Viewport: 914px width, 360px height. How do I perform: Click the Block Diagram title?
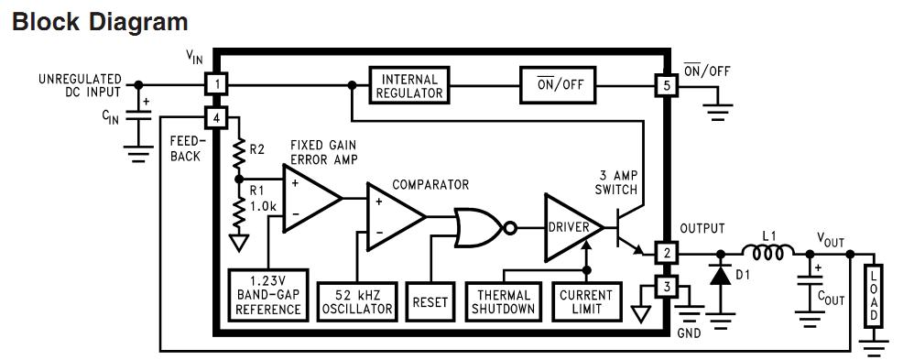coord(100,22)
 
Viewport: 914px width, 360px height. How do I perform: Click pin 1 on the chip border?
coord(214,85)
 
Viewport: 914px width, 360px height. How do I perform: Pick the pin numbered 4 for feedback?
coord(214,118)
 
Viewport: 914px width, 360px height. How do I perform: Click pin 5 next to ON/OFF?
coord(666,85)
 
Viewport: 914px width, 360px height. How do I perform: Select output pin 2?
coord(666,253)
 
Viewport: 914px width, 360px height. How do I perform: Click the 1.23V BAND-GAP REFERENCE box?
coord(268,295)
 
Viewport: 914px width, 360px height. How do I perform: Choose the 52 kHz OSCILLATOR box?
coord(356,300)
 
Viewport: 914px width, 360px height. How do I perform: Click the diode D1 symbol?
coord(721,275)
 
